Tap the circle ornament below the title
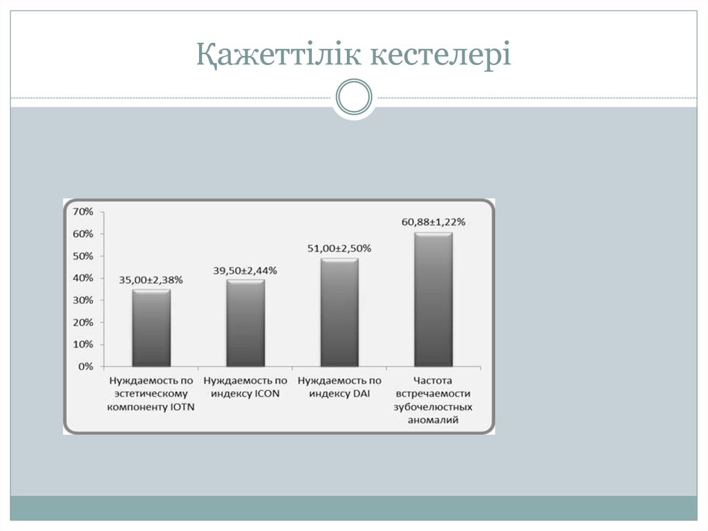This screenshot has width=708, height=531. tap(353, 98)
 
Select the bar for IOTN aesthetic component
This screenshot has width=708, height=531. tap(151, 328)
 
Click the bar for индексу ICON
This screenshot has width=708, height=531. tap(245, 323)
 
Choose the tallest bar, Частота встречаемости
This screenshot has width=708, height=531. tap(433, 300)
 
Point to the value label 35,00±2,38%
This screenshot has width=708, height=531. tap(151, 280)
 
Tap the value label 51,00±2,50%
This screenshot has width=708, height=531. tap(339, 248)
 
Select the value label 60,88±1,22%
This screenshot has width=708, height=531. tap(433, 222)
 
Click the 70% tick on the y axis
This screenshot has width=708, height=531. tap(83, 211)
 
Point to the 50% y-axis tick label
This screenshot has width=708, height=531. tap(83, 256)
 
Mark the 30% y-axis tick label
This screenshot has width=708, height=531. tap(83, 300)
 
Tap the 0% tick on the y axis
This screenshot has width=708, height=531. tap(86, 366)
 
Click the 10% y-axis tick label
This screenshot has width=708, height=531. tap(83, 345)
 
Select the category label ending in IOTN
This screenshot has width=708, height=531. tap(151, 393)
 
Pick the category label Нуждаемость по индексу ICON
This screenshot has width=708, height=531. tap(245, 387)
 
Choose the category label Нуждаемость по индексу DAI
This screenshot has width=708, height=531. tap(339, 387)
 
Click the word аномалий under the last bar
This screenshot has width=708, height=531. tap(433, 420)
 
